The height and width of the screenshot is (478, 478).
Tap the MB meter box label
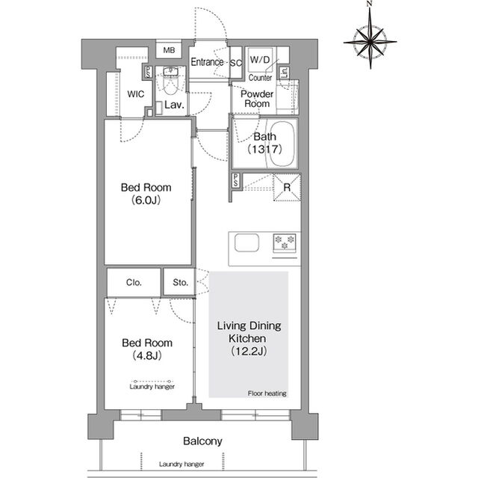pos(169,50)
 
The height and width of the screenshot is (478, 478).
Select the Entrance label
pos(207,62)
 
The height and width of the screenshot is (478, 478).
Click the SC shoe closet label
pos(236,63)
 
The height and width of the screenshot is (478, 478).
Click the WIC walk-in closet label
pos(136,94)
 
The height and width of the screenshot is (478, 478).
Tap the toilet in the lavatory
pos(171,82)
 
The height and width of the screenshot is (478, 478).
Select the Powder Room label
pos(257,99)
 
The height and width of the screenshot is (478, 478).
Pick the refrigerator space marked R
pos(287,188)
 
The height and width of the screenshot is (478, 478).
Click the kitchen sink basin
pos(246,243)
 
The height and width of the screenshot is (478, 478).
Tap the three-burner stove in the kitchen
pos(285,243)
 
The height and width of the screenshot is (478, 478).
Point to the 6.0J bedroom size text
pos(146,200)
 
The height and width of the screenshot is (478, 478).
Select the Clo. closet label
pos(134,282)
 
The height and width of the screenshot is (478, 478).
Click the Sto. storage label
pos(180,282)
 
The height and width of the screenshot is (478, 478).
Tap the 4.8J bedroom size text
pos(147,355)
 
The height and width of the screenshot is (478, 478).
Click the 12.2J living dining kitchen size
pos(249,352)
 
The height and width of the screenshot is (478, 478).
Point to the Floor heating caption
pos(267,393)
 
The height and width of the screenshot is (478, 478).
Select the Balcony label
pos(202,441)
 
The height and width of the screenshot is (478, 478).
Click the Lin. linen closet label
pos(284,73)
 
